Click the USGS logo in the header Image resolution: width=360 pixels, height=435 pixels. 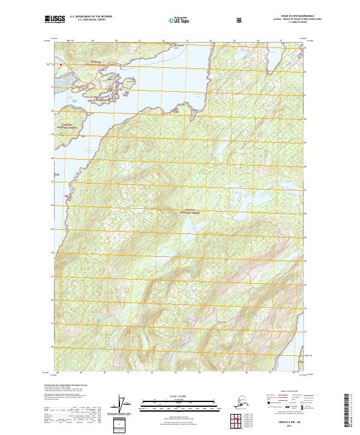[x=52, y=20]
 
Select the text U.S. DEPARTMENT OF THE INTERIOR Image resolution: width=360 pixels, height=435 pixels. [x=91, y=17]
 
